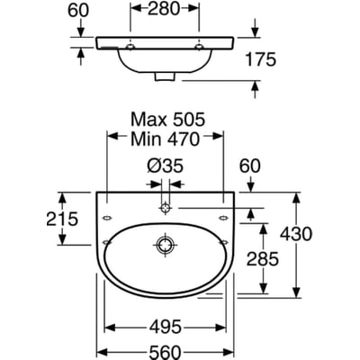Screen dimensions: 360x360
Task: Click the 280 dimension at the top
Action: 164,9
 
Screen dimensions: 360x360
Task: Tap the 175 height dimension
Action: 260,59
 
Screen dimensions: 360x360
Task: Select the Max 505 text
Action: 168,120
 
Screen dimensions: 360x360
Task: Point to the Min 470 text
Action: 165,139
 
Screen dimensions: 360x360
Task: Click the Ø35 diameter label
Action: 165,166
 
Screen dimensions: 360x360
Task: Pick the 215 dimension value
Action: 62,219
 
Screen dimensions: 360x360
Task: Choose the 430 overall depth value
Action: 296,234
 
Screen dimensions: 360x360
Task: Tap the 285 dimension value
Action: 263,259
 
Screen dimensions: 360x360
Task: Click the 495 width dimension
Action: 166,327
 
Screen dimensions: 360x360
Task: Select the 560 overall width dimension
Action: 166,351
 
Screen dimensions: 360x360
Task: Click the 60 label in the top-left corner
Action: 78,11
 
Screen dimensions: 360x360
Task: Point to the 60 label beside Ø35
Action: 250,166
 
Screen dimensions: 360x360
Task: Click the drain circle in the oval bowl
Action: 165,245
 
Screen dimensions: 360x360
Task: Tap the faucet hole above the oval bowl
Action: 165,208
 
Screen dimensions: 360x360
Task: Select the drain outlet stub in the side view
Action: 165,76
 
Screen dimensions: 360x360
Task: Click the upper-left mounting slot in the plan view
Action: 107,218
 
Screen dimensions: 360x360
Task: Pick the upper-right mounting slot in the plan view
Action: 223,218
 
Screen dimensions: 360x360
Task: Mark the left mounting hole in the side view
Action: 130,47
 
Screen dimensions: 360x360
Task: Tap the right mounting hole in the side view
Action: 199,47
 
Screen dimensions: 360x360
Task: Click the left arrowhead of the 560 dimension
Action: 103,351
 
